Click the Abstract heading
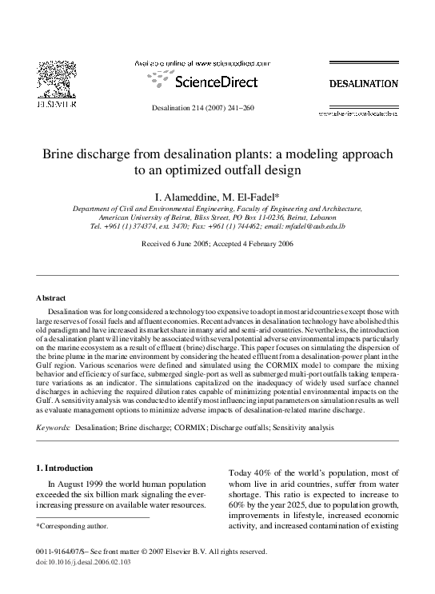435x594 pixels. pos(51,298)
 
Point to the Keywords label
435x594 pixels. pos(54,429)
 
